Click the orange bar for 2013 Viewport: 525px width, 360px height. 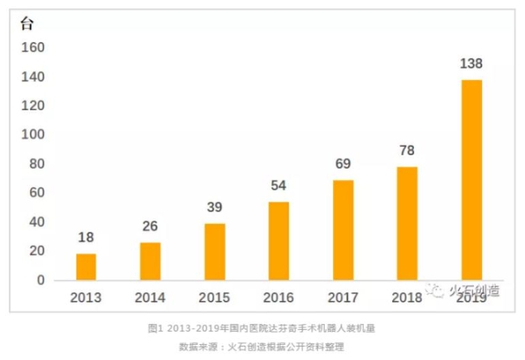pyautogui.click(x=86, y=266)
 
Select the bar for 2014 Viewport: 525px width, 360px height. pyautogui.click(x=150, y=260)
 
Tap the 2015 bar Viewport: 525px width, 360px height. pyautogui.click(x=214, y=251)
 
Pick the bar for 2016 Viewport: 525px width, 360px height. pyautogui.click(x=279, y=240)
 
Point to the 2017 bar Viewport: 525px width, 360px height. pyautogui.click(x=343, y=229)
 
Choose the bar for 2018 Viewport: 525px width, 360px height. pyautogui.click(x=407, y=223)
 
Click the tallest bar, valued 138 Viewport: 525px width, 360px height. pyautogui.click(x=472, y=179)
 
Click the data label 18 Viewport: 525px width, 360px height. pyautogui.click(x=86, y=238)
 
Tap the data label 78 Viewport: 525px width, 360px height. pyautogui.click(x=407, y=150)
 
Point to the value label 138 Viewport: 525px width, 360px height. pyautogui.click(x=472, y=64)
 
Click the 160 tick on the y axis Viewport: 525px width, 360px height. pyautogui.click(x=32, y=48)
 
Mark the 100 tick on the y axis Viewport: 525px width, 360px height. pyautogui.click(x=32, y=135)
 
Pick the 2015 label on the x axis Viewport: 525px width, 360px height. pyautogui.click(x=214, y=297)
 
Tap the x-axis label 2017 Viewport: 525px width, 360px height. pyautogui.click(x=343, y=297)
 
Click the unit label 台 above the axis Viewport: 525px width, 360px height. pyautogui.click(x=27, y=23)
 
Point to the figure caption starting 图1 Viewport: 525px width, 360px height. pyautogui.click(x=262, y=328)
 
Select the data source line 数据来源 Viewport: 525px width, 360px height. pyautogui.click(x=262, y=347)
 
